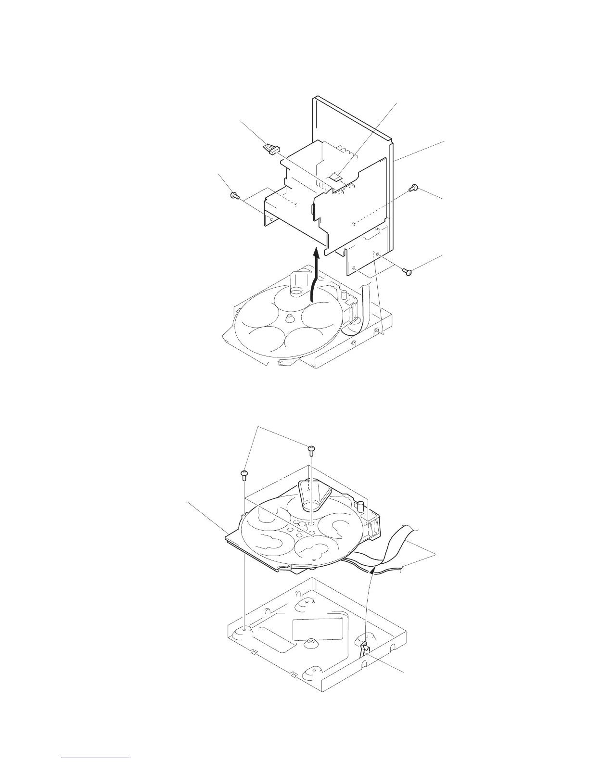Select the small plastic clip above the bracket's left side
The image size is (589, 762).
tap(271, 148)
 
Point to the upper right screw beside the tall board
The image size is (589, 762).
tap(412, 189)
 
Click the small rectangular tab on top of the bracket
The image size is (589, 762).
tap(337, 177)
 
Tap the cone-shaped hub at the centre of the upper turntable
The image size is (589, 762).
tap(290, 318)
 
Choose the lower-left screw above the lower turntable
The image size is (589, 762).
tap(244, 475)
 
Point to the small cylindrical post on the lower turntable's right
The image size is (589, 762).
tap(359, 506)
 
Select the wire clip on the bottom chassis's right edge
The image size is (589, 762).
tap(365, 648)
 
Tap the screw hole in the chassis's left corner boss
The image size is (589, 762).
tap(244, 629)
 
